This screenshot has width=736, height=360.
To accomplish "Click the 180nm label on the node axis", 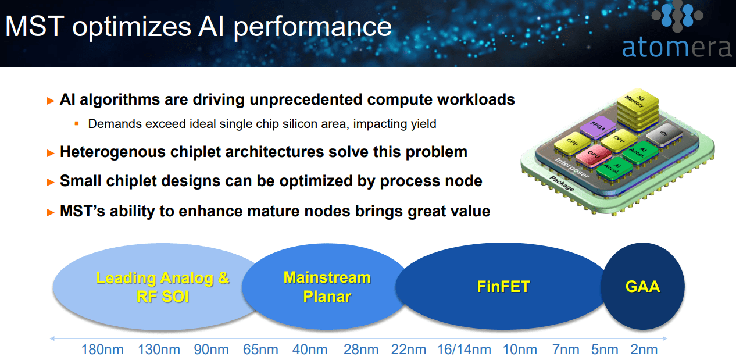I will tap(102, 350).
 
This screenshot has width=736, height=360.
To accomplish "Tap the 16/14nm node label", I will tap(464, 350).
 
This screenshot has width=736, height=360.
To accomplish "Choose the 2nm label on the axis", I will tap(644, 350).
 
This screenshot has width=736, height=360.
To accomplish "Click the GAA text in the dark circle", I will tap(642, 286).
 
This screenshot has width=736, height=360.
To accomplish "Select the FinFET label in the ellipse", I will tap(503, 286).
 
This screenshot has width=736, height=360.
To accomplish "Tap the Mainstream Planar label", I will tap(327, 287).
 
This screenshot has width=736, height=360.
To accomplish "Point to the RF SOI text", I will tap(162, 297).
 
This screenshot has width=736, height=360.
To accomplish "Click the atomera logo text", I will tap(676, 47).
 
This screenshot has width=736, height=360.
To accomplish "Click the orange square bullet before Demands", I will tap(76, 123).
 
